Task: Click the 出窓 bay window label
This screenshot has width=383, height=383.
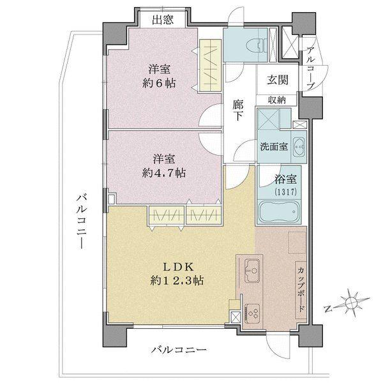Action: pos(163,20)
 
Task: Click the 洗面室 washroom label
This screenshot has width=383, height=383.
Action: pos(273,146)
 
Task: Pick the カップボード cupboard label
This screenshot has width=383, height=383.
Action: pos(300,289)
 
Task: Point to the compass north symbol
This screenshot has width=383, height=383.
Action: pos(350,303)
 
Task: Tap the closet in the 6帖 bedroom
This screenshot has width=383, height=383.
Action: pos(209,66)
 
